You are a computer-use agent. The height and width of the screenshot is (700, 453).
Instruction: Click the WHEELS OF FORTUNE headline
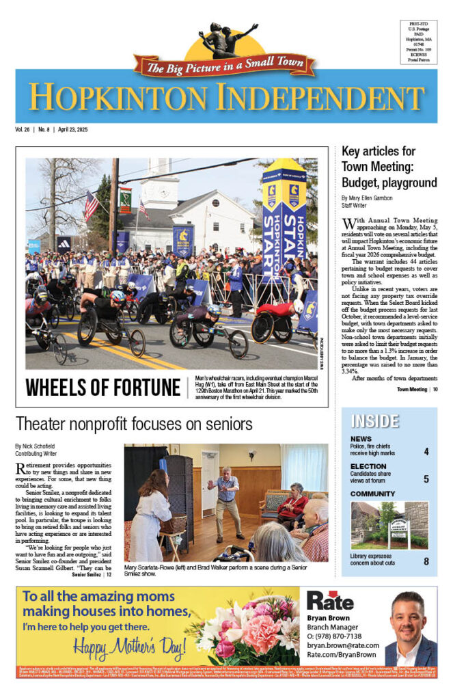click(x=102, y=387)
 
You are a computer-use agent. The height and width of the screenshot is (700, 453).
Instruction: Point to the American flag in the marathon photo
click(x=91, y=206)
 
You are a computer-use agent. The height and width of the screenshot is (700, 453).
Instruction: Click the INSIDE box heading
click(x=374, y=421)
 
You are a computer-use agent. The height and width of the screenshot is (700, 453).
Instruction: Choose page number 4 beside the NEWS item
click(x=426, y=452)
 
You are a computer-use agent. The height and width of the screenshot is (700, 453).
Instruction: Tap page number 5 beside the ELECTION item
click(x=426, y=479)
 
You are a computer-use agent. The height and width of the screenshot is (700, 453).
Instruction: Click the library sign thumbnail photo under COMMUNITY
click(x=389, y=526)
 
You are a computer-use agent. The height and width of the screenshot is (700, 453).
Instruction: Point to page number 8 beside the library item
click(x=426, y=562)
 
